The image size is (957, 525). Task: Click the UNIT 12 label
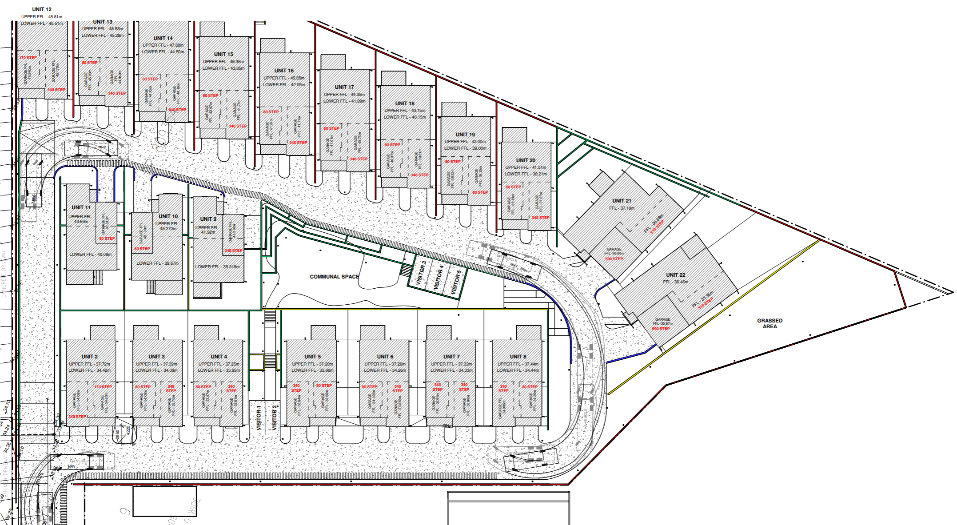[x=42, y=9]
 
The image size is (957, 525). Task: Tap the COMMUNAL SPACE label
[x=334, y=277]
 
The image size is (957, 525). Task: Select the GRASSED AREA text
[x=770, y=323]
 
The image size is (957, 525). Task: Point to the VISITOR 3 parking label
[x=421, y=273]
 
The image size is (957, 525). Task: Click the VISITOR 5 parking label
[x=456, y=282]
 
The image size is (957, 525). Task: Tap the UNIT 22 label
[x=675, y=275]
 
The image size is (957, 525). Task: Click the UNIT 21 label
[x=622, y=201]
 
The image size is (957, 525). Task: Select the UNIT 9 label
[x=208, y=219]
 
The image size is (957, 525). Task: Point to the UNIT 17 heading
[x=344, y=87]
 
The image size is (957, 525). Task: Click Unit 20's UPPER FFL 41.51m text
[x=526, y=167]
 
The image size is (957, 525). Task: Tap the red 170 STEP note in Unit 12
[x=28, y=58]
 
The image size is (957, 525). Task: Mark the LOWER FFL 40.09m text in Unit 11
[x=91, y=255]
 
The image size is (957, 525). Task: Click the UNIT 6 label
[x=385, y=357]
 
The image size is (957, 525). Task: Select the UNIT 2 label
[x=89, y=357]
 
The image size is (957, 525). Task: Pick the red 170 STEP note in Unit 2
[x=103, y=387]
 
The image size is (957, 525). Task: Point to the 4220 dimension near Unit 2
[x=128, y=430]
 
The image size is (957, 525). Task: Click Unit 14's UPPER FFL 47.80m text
[x=163, y=45]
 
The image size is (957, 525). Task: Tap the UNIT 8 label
[x=518, y=357]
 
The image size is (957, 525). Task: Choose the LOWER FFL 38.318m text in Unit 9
[x=217, y=267]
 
